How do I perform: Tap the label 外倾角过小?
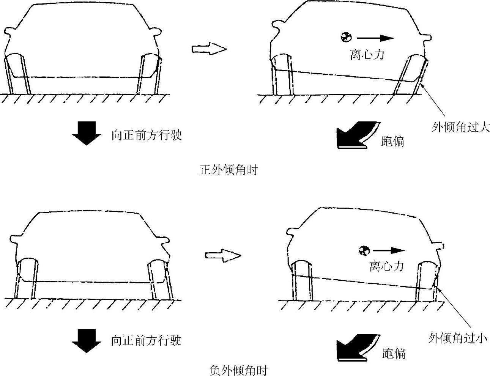[x=457, y=338]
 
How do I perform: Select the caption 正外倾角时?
[x=228, y=170]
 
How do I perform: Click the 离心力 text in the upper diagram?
[x=367, y=54]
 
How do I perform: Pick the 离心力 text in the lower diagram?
[x=386, y=266]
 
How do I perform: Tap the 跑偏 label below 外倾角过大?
[x=392, y=141]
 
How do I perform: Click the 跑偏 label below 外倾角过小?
[x=394, y=353]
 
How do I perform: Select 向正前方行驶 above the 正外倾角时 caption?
[x=147, y=135]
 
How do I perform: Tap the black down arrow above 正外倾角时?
[x=87, y=133]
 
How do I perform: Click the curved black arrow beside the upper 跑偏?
[x=356, y=135]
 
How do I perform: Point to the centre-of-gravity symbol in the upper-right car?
[x=347, y=37]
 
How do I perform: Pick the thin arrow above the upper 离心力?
[x=375, y=38]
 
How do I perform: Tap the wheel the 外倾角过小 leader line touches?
[x=427, y=281]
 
